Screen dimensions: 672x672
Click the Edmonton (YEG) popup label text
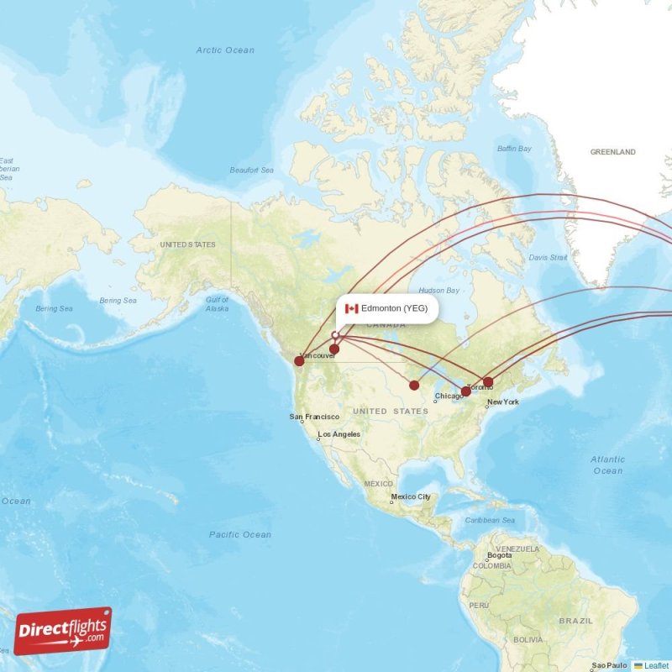(395, 308)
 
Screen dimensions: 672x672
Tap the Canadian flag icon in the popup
(351, 308)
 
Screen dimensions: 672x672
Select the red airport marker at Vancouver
(299, 361)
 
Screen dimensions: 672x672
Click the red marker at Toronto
(466, 391)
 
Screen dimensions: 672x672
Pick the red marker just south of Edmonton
(334, 349)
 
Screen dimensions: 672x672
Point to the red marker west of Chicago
(414, 386)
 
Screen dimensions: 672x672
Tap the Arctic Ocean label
(225, 50)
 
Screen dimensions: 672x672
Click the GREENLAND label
(612, 152)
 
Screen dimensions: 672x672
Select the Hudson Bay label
(438, 291)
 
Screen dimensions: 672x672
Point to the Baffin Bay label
(514, 149)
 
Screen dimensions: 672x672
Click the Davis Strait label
(549, 257)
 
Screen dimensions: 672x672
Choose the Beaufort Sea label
(252, 171)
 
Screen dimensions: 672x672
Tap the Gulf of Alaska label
(217, 304)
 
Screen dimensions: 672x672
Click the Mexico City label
(411, 496)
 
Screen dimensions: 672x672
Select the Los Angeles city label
(339, 434)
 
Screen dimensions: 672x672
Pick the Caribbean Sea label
(490, 521)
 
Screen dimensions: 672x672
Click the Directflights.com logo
(63, 631)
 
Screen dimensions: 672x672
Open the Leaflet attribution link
(656, 665)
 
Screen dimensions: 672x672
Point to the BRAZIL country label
(575, 621)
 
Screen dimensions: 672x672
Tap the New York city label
(503, 402)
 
